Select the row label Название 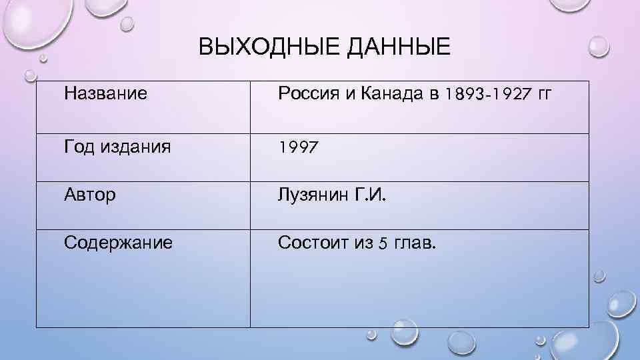106,93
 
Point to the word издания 136,147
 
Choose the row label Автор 90,195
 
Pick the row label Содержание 119,243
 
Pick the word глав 415,243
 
